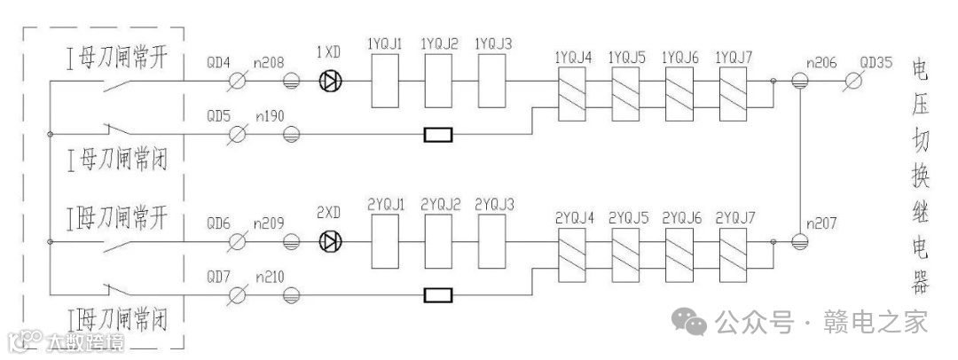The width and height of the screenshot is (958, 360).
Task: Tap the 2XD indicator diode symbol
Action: (x=331, y=241)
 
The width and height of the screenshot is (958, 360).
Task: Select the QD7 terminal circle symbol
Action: (x=238, y=295)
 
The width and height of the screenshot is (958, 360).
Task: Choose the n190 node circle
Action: (x=290, y=136)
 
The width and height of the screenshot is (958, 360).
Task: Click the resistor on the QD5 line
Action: (x=438, y=136)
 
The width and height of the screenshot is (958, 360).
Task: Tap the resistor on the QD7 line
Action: (x=438, y=295)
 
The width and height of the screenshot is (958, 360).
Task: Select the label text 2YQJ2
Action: (x=440, y=205)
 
